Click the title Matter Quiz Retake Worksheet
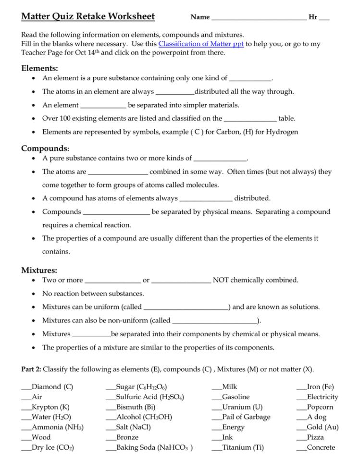pos(88,17)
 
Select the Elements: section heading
pos(40,69)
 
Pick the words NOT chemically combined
pos(256,280)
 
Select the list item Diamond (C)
pos(52,387)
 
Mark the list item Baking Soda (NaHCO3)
pos(154,447)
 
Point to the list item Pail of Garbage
pos(246,417)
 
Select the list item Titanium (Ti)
pos(243,447)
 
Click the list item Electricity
pos(322,397)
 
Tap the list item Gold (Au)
pos(323,427)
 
